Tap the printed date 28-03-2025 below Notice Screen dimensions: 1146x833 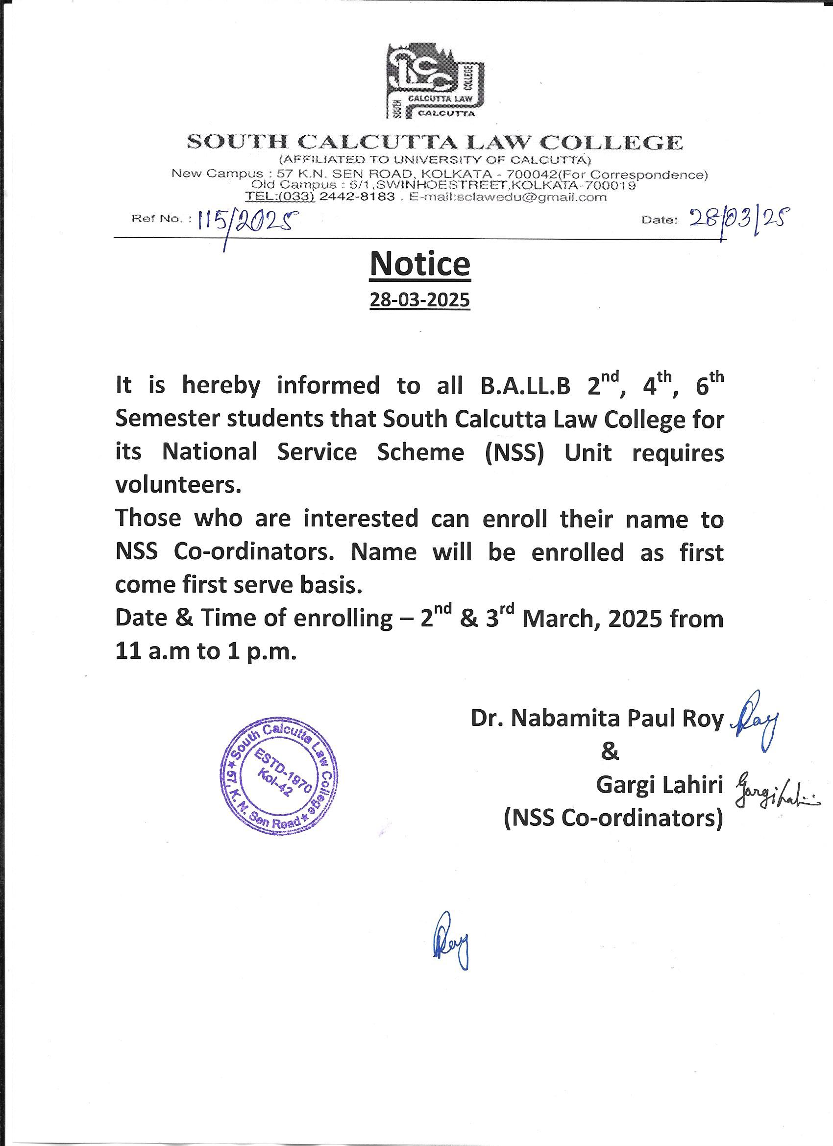coord(420,300)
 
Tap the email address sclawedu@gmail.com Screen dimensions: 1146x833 coord(508,197)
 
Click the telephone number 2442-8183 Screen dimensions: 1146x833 coord(357,197)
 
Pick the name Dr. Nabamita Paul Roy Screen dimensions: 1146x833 coord(597,718)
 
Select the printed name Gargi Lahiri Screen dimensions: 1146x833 coord(660,785)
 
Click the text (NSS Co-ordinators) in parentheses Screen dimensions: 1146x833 coord(613,818)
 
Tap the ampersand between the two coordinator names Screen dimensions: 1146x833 coord(610,752)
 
